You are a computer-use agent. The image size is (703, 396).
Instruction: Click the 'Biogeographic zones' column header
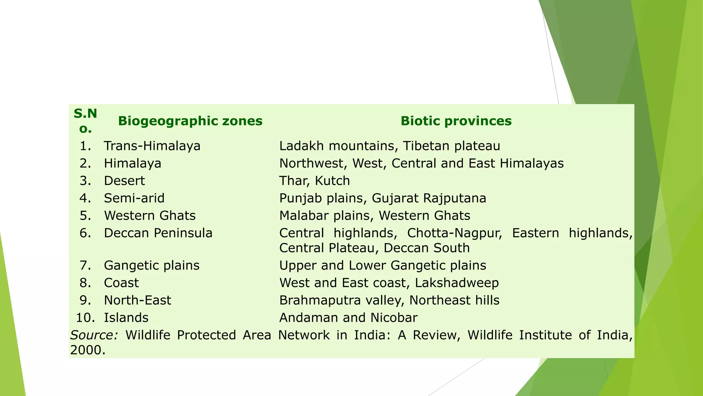pos(190,121)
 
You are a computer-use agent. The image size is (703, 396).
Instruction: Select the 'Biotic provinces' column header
pos(456,121)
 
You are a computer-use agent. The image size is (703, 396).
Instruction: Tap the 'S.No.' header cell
pos(85,121)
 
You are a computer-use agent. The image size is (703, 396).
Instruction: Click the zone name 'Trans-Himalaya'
pos(152,146)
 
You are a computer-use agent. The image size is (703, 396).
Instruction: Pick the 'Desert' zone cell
pos(124,181)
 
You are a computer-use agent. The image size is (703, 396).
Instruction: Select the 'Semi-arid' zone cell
pos(134,198)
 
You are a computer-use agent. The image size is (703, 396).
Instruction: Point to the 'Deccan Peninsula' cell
pos(158,233)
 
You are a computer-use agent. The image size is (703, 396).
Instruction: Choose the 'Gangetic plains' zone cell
pos(152,265)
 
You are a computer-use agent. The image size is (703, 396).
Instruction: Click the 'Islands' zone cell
pos(126,318)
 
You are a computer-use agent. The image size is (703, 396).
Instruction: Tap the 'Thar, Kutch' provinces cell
pos(314,181)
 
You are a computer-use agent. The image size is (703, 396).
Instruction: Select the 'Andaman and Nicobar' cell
pos(348,318)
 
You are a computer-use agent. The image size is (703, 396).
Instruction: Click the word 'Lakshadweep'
pos(457,283)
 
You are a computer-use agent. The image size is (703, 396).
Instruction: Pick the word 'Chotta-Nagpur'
pos(454,233)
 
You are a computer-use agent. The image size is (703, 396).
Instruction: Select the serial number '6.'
pos(85,233)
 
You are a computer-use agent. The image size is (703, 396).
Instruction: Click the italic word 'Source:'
pos(94,335)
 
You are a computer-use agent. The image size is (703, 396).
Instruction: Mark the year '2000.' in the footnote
pos(88,350)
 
